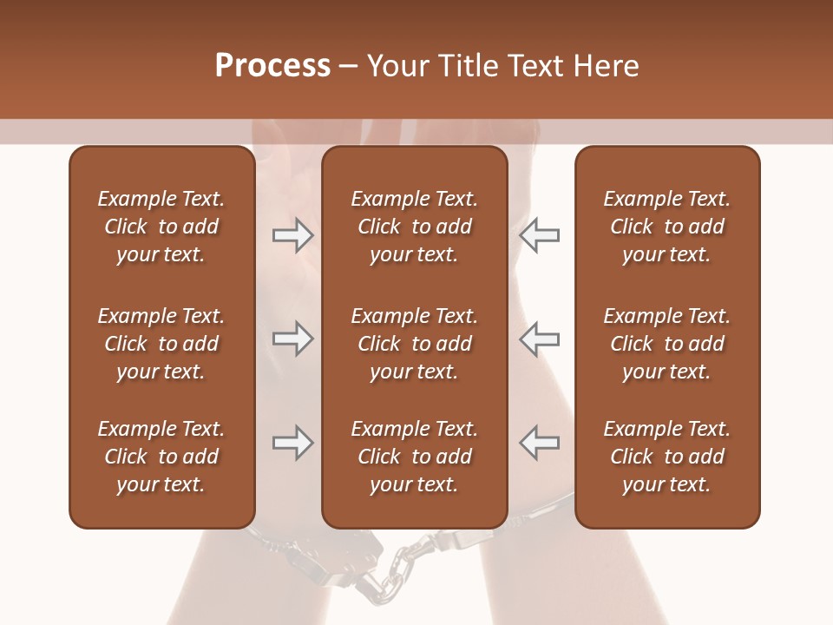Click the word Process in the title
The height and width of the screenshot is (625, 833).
pos(272,66)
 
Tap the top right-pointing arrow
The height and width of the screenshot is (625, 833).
pos(292,234)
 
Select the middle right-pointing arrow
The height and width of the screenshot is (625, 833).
pos(292,339)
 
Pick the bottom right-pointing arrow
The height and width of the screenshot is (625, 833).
pos(292,444)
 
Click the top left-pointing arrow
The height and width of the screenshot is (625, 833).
pos(540,234)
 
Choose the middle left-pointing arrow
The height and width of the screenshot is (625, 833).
pos(540,339)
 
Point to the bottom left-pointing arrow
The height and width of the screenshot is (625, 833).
pos(540,444)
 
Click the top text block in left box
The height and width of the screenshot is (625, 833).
pos(161,227)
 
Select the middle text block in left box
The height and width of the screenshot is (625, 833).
pos(161,344)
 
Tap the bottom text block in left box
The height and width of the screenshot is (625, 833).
pos(161,457)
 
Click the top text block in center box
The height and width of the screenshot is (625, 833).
pos(415,227)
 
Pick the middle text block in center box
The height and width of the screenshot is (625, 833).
pos(415,344)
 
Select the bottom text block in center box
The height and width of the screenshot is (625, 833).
pos(415,457)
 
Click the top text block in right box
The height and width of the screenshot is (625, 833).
pos(667,227)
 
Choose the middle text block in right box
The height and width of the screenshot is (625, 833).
pos(667,344)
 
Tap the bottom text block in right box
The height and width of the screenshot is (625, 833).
pos(667,457)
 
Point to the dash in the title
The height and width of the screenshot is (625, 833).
pos(349,67)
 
